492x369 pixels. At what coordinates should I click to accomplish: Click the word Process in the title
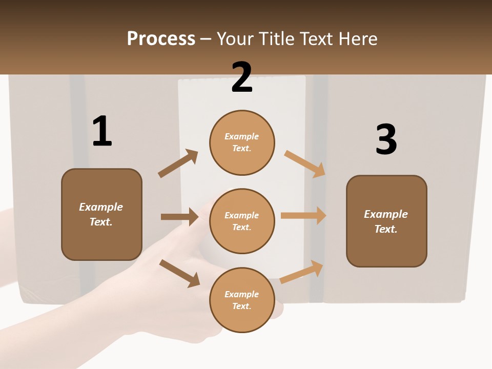click(161, 39)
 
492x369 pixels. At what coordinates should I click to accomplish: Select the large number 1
click(102, 132)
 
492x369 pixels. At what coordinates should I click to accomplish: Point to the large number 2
click(242, 77)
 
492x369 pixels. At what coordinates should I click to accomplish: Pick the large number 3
click(386, 140)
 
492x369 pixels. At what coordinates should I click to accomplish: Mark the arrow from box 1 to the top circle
click(178, 163)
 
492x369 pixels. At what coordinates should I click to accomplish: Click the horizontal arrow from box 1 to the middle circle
click(179, 217)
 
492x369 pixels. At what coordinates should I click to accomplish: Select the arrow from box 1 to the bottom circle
click(179, 273)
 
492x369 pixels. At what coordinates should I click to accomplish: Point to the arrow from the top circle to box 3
click(305, 164)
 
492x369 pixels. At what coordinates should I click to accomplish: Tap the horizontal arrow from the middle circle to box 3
click(303, 216)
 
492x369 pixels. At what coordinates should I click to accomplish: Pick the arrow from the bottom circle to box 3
click(302, 272)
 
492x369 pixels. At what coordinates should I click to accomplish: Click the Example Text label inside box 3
click(386, 221)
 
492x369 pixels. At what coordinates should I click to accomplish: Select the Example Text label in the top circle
click(242, 142)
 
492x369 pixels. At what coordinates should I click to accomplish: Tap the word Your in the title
click(235, 39)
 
